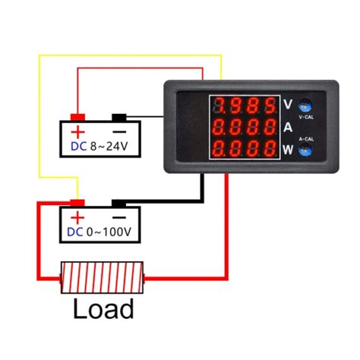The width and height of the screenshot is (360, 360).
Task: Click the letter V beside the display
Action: (x=288, y=104)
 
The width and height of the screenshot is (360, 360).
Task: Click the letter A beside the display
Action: (x=288, y=128)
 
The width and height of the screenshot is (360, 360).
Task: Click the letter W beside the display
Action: (x=288, y=150)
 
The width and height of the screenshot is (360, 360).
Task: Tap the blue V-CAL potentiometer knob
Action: (x=305, y=106)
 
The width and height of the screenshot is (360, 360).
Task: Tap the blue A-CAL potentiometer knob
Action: (x=305, y=150)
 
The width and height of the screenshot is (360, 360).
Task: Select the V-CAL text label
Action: (x=306, y=117)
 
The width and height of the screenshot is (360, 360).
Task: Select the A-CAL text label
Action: (x=306, y=139)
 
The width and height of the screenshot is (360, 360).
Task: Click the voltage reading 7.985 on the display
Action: (x=245, y=106)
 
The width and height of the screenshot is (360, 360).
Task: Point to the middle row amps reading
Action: (x=245, y=127)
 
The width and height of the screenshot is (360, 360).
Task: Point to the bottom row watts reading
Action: (x=245, y=149)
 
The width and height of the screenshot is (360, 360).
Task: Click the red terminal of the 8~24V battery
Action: (x=77, y=118)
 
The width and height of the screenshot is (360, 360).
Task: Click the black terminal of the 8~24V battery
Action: (x=119, y=118)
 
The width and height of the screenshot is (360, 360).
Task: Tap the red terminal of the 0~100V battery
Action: (x=77, y=203)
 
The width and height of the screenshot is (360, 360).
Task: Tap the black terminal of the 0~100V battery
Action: (x=118, y=204)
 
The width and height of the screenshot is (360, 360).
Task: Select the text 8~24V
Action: (x=109, y=147)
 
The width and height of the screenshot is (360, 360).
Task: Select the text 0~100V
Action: (x=109, y=232)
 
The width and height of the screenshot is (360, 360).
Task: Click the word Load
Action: (x=103, y=308)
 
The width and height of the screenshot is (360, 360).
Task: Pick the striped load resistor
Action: (x=103, y=278)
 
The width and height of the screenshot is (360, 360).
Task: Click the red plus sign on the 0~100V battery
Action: (x=77, y=218)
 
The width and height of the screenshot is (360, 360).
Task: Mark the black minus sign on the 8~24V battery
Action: (x=119, y=132)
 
